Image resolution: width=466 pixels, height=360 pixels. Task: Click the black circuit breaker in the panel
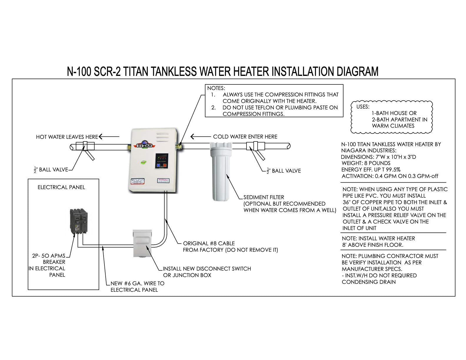(x=79, y=221)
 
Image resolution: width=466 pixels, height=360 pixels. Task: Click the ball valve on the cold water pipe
(x=253, y=146)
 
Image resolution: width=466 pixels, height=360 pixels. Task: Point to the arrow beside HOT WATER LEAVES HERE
(x=109, y=136)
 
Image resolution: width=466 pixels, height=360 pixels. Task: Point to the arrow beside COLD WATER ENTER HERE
(x=200, y=136)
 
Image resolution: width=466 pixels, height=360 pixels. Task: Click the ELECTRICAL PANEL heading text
(x=61, y=187)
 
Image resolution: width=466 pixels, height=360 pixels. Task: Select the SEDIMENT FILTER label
(x=264, y=197)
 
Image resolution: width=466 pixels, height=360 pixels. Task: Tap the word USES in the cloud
(x=363, y=107)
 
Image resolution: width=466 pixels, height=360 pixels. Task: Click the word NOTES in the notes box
(x=216, y=88)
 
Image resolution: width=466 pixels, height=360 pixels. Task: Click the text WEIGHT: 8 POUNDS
(x=366, y=163)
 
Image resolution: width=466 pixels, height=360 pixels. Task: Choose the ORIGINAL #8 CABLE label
(x=209, y=244)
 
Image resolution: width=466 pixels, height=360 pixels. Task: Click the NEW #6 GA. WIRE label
(x=137, y=284)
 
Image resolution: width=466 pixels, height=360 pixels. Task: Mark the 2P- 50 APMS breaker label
(x=49, y=256)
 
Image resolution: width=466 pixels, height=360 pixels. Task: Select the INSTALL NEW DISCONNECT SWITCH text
(x=207, y=269)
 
